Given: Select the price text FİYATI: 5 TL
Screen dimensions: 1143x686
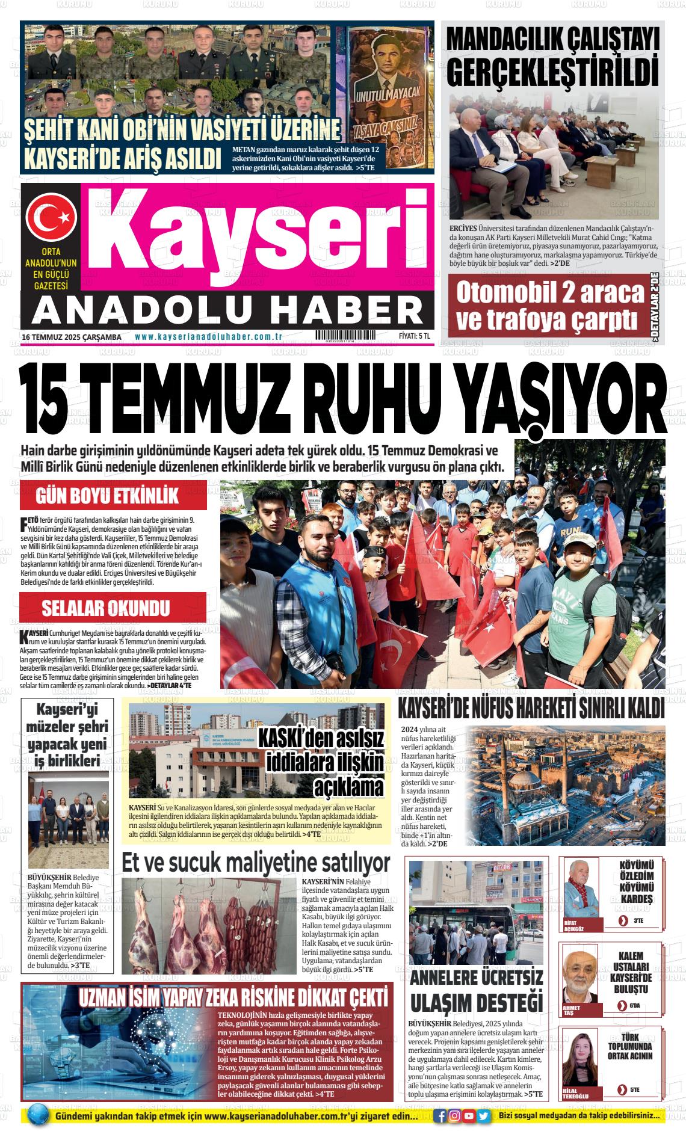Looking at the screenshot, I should [414, 337].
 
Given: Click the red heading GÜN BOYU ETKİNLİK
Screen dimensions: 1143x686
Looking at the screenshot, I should [108, 496].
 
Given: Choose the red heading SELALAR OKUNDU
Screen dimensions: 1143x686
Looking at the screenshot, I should [105, 608].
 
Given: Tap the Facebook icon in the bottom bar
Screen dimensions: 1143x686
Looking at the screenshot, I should [441, 1116].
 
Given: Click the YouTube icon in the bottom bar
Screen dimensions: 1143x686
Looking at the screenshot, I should [469, 1116].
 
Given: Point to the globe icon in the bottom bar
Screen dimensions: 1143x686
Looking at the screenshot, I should [38, 1115].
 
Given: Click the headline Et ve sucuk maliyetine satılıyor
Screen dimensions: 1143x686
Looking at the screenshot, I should [256, 862].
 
